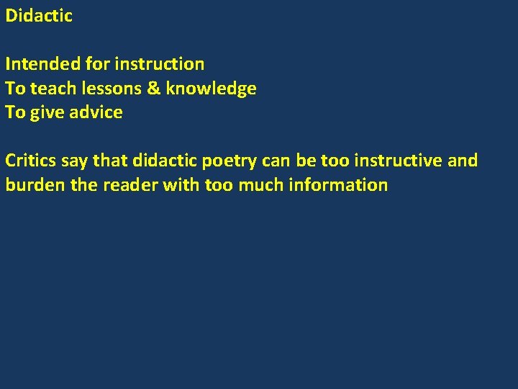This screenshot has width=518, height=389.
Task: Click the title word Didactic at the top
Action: point(39,16)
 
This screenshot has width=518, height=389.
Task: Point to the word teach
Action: point(51,89)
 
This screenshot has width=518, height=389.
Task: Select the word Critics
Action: point(31,160)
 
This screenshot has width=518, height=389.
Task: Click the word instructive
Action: point(398,160)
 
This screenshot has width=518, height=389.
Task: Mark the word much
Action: point(261,184)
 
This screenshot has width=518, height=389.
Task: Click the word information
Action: point(338,184)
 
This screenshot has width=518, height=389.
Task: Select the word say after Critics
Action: point(74,161)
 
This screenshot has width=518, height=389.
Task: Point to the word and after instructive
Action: point(463,160)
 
